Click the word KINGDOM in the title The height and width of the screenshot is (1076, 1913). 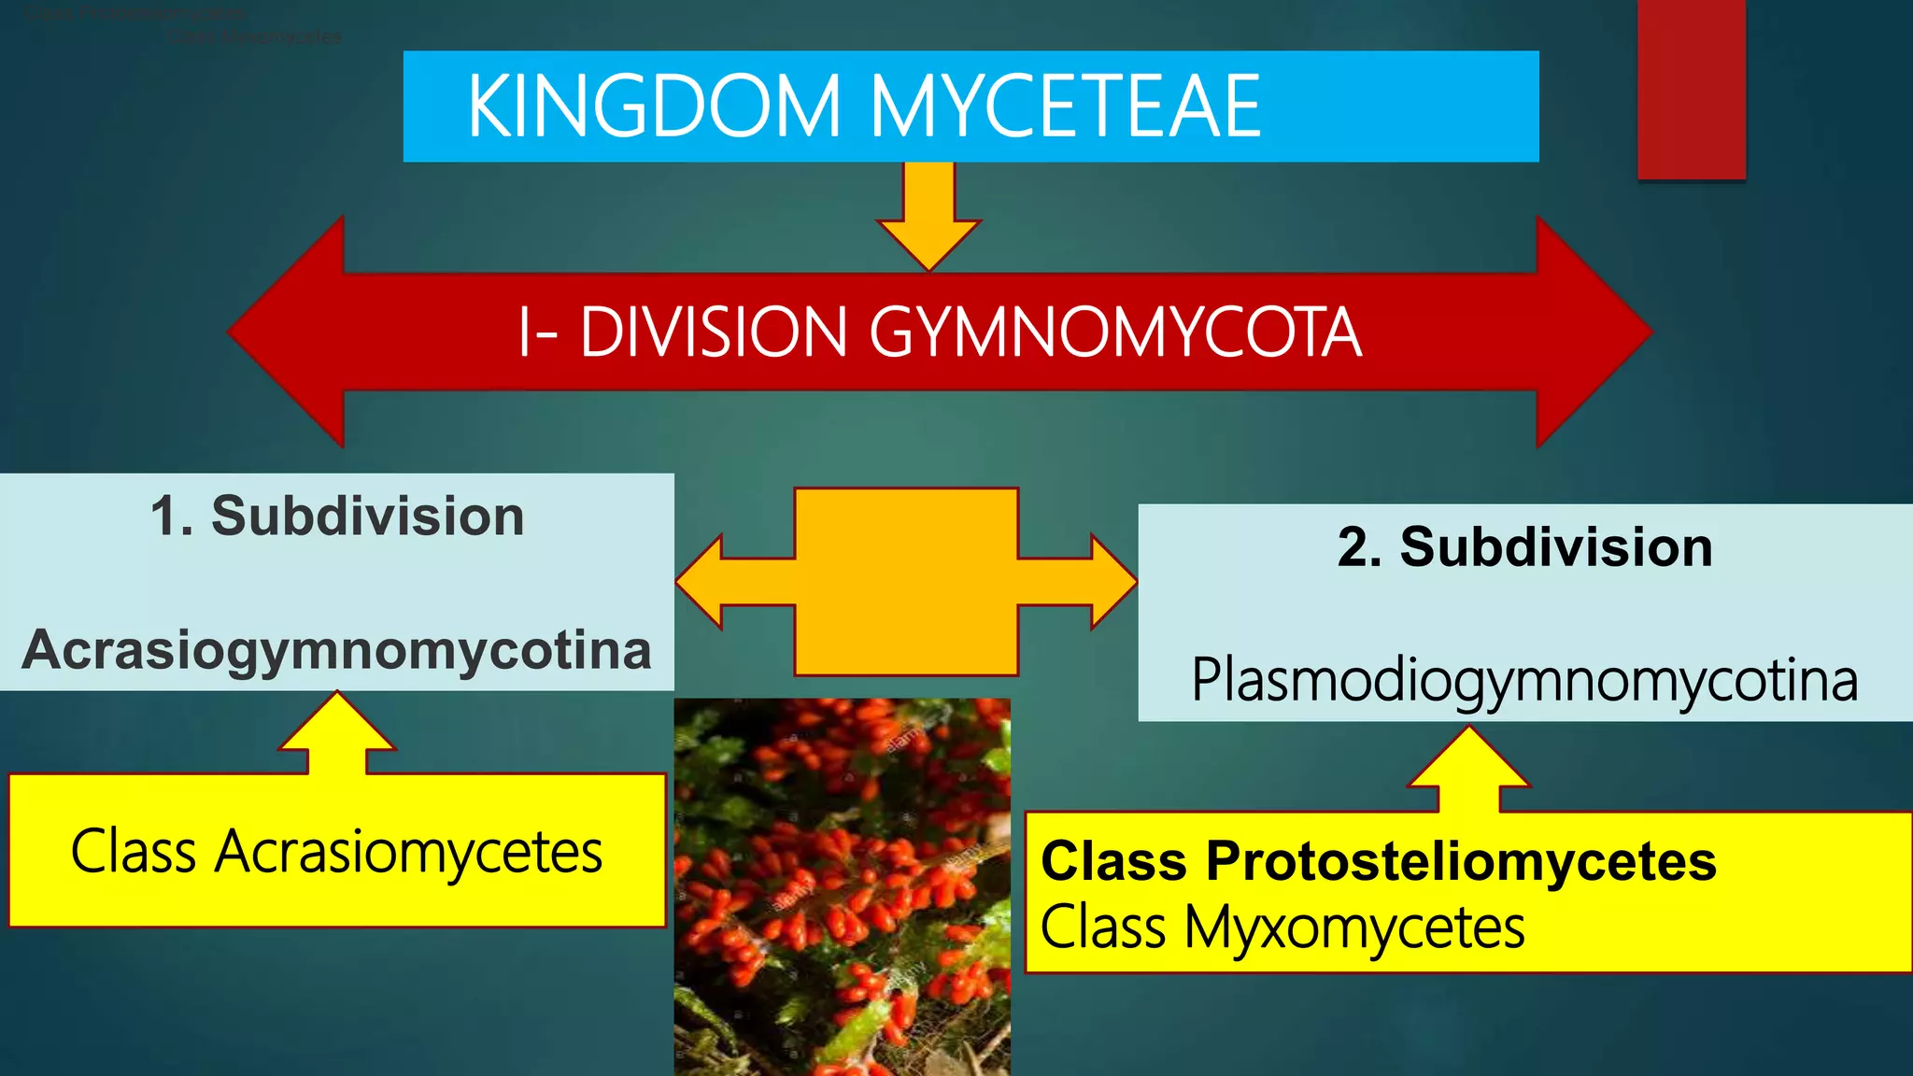click(x=654, y=106)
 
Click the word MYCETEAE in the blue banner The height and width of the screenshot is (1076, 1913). click(x=1065, y=106)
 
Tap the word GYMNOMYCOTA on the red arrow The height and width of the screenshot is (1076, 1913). click(x=1115, y=333)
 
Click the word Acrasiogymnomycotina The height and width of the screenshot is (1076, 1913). click(x=336, y=650)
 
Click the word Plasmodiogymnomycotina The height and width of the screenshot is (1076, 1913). click(x=1524, y=680)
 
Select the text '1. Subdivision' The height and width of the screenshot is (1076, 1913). click(x=337, y=517)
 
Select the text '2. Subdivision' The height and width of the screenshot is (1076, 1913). click(x=1524, y=547)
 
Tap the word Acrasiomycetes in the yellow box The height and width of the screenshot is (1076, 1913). click(x=408, y=852)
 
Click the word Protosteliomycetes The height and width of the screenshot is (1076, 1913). click(x=1461, y=860)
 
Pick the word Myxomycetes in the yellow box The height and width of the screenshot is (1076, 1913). click(x=1354, y=927)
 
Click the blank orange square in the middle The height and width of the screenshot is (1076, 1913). click(x=906, y=581)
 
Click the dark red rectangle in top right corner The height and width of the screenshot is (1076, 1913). click(x=1691, y=89)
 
